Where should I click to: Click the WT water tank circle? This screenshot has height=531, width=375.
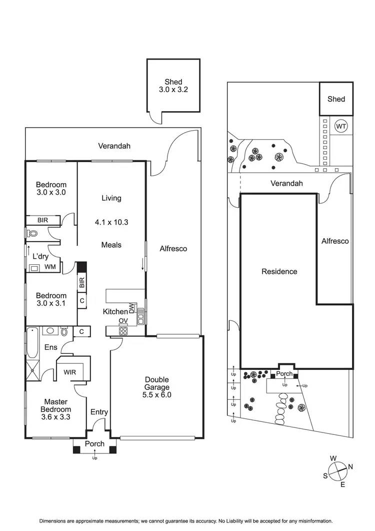340,126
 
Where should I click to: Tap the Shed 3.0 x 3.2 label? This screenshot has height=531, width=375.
173,86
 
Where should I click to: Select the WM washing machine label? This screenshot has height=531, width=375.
50,267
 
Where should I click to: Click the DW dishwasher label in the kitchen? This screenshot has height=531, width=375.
131,308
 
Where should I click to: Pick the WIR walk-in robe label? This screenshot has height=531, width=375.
70,372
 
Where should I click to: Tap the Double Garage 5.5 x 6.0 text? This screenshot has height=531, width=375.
157,387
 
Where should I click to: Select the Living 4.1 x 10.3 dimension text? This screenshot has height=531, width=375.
111,221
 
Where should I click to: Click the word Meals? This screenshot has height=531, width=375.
111,245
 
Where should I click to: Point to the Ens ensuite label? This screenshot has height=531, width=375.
51,347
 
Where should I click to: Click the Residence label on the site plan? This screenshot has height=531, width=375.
279,271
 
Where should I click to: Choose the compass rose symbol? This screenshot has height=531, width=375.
338,470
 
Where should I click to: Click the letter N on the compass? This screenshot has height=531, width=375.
351,466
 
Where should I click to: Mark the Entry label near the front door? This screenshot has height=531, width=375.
99,412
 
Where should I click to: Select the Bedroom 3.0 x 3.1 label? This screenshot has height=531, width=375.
51,299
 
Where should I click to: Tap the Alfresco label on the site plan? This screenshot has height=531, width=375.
335,241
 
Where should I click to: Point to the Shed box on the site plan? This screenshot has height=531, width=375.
336,99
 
